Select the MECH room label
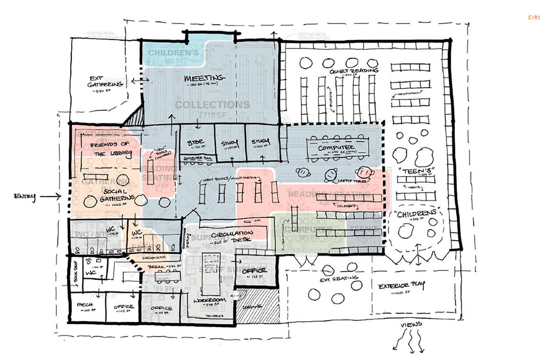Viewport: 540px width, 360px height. pos(85,305)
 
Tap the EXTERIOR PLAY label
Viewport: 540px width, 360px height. pos(401,286)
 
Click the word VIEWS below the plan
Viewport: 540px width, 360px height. pos(411,324)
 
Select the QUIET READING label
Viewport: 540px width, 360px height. pos(354,71)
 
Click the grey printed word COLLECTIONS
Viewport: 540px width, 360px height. pos(212,105)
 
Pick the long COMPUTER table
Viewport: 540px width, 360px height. pos(336,148)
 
